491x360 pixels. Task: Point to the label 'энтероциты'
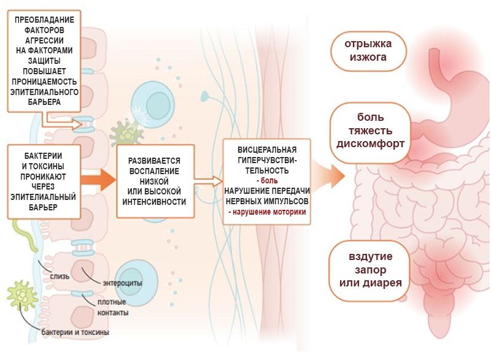point(123,283)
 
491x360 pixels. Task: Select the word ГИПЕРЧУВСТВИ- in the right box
point(267,160)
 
